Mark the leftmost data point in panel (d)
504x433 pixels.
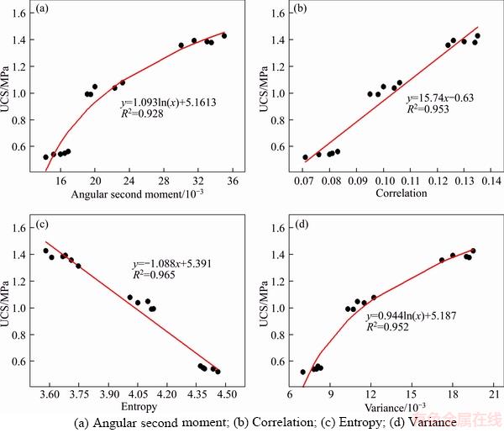(x=303, y=372)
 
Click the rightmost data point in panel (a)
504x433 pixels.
(x=224, y=35)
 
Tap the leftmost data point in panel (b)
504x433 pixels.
(x=306, y=157)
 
